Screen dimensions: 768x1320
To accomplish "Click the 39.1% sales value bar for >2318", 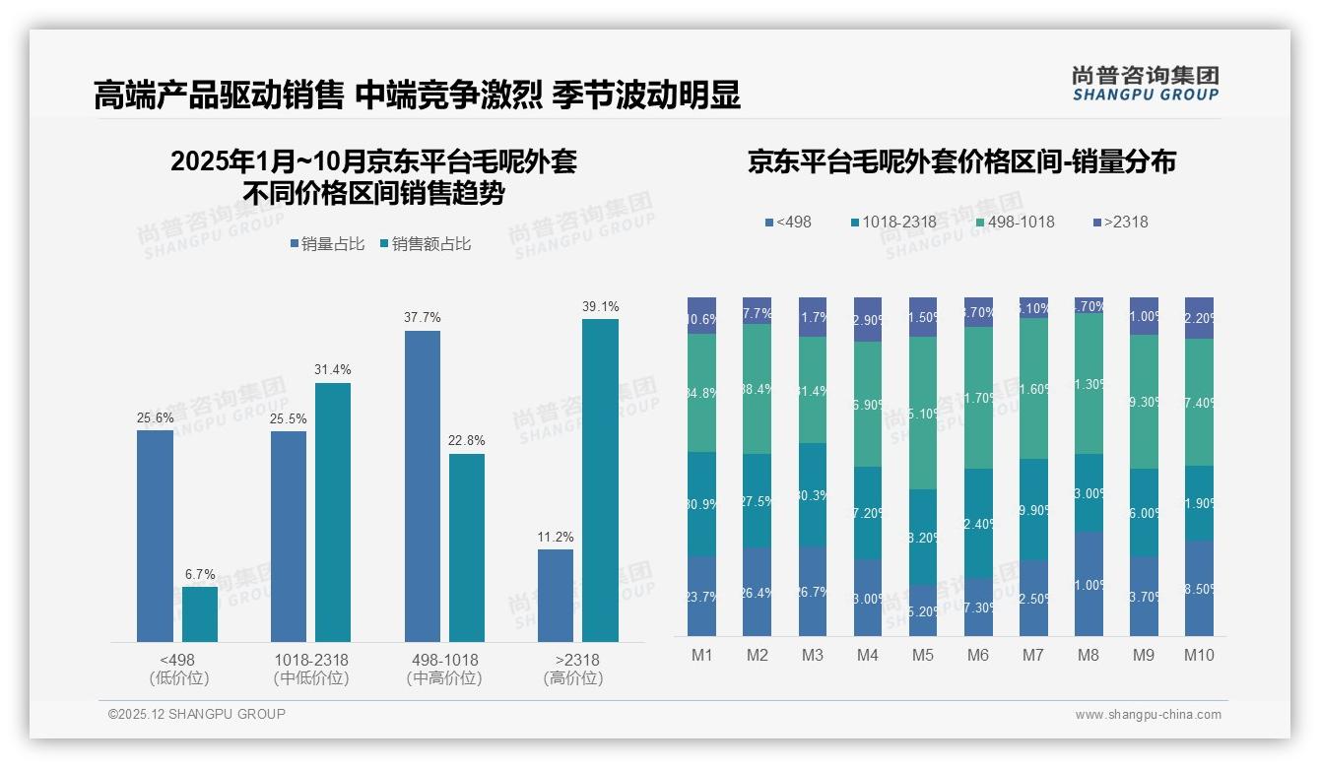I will (600, 480).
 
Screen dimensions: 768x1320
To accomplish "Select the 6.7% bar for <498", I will (200, 614).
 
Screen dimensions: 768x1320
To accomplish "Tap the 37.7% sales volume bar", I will (423, 486).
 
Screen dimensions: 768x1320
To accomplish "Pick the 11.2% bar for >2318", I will (556, 596).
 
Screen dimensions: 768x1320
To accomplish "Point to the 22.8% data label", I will (468, 440).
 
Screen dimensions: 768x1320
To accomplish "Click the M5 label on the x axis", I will (923, 655).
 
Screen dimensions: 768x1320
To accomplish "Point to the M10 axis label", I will (1199, 655).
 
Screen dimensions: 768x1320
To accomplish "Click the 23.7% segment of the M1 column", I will (702, 596).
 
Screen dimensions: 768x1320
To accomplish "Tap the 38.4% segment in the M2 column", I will (758, 389).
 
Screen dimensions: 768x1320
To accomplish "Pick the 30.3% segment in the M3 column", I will (813, 494).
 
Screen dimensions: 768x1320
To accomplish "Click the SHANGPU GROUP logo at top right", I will (1145, 84).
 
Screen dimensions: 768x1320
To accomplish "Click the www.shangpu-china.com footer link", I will (1148, 715).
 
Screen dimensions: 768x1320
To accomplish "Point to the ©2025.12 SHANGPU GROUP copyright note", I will (197, 714).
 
